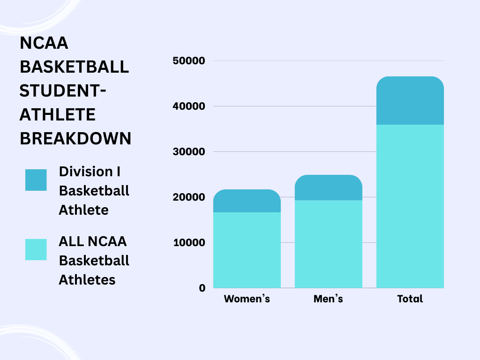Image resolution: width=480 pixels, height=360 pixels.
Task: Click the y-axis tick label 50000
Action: coord(189,61)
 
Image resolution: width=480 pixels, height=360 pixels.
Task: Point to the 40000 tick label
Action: coord(189,106)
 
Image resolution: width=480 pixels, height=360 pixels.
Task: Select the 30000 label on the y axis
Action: coord(189,152)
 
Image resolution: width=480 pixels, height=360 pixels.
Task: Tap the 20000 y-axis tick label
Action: coord(189,197)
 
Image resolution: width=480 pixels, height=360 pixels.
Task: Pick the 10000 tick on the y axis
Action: coord(189,243)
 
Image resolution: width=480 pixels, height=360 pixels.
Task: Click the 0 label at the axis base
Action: coord(202,288)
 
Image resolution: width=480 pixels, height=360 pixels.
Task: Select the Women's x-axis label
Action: coord(247,299)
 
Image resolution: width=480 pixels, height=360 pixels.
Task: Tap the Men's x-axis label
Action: coord(328,299)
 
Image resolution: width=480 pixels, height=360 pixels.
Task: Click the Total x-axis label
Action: coord(410,299)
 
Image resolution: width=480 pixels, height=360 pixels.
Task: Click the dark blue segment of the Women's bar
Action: coord(247,201)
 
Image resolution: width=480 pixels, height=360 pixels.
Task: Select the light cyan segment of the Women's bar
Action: coord(247,250)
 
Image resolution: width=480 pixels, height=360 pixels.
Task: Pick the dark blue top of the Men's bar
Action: coord(328,187)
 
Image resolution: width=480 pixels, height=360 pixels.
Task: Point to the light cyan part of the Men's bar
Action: coord(328,244)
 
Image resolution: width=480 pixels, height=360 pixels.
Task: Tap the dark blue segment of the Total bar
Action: coord(410,100)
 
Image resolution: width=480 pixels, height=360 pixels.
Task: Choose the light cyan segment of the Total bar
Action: coord(410,206)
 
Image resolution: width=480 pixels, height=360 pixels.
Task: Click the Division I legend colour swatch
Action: coord(36,180)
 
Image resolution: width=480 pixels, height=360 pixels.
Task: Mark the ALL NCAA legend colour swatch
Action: coord(36,249)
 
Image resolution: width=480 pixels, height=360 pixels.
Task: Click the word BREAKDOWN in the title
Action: coord(75,139)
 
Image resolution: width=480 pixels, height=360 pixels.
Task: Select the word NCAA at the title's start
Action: coord(44,43)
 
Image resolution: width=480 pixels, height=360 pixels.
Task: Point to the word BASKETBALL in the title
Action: coord(74,67)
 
